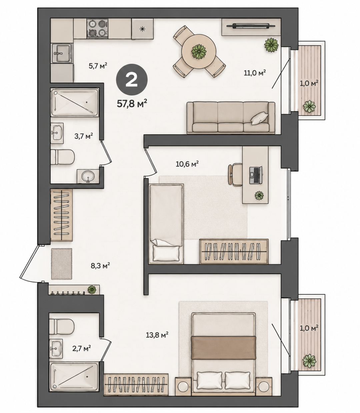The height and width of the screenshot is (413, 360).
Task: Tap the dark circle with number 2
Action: tap(132, 80)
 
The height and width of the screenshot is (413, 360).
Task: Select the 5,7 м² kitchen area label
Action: tap(98, 66)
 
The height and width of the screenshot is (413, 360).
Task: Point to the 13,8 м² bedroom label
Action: tap(157, 335)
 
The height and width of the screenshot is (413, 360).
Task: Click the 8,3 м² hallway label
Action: tap(100, 266)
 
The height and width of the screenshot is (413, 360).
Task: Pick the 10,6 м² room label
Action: tap(187, 164)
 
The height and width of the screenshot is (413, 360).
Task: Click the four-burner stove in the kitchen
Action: tap(98, 28)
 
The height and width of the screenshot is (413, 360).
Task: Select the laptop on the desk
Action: tap(256, 175)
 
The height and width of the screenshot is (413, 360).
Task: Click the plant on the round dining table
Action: tap(199, 51)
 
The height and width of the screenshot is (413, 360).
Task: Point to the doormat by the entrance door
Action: tap(62, 264)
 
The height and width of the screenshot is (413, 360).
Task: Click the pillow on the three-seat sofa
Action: tap(260, 118)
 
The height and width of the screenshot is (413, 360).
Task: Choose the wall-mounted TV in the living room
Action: tap(251, 26)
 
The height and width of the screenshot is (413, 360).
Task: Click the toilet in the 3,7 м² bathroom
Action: tap(62, 157)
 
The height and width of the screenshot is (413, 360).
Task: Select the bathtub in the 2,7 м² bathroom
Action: tap(74, 379)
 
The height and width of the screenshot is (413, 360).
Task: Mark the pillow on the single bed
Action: tap(166, 253)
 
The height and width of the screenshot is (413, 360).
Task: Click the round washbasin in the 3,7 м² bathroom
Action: tap(88, 176)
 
